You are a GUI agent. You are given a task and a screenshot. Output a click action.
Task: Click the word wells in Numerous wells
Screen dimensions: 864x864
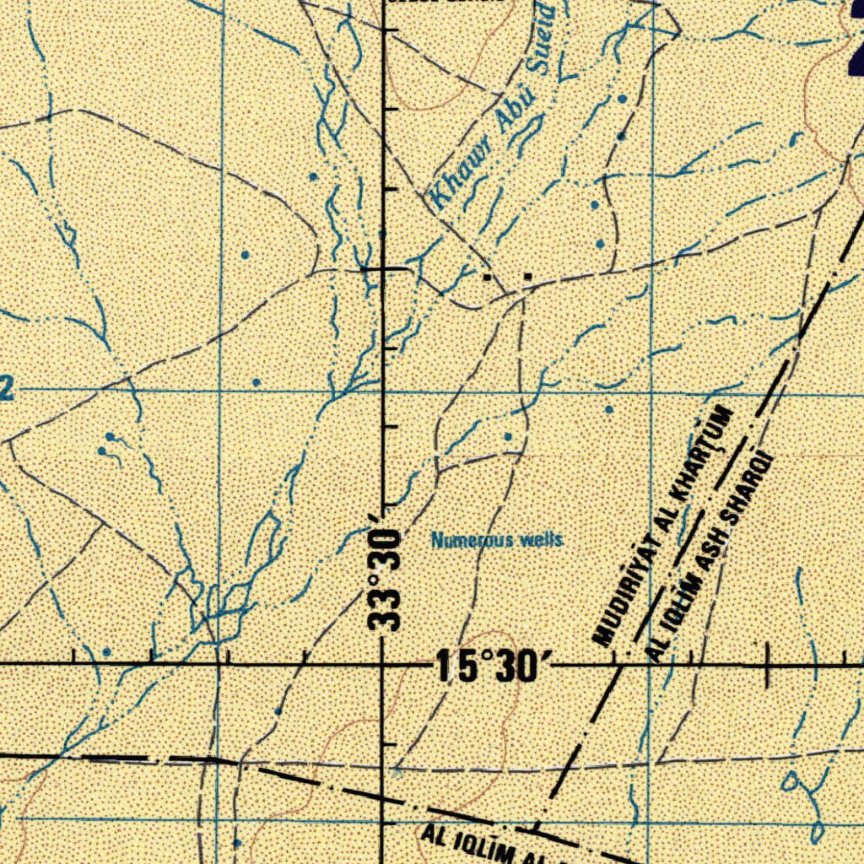(x=541, y=540)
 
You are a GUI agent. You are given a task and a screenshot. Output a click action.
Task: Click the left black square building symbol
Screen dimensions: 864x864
(x=488, y=276)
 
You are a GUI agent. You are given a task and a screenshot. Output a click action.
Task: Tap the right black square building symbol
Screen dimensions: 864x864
(x=527, y=276)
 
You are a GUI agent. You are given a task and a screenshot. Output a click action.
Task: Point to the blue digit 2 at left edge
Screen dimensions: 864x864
(x=7, y=390)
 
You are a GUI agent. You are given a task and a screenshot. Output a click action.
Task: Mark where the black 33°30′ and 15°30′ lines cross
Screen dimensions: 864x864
(x=385, y=665)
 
